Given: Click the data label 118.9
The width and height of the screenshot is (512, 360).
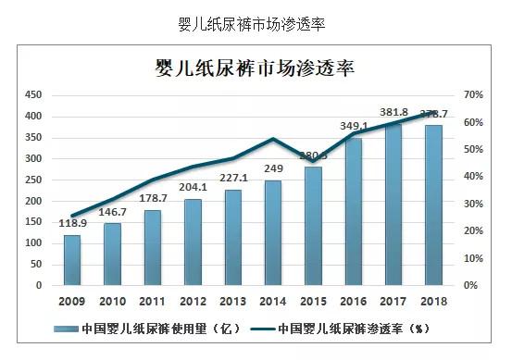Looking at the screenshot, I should [x=71, y=225].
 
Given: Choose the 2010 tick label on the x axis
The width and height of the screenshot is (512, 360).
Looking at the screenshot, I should [x=112, y=301].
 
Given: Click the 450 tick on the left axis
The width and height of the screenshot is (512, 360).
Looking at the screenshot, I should [x=33, y=95].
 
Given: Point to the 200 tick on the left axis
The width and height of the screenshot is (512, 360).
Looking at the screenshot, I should [x=33, y=201].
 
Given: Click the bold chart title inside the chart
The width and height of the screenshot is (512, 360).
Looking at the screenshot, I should [x=256, y=68].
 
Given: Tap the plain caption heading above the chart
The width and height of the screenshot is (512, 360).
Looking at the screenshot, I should [x=256, y=20].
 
